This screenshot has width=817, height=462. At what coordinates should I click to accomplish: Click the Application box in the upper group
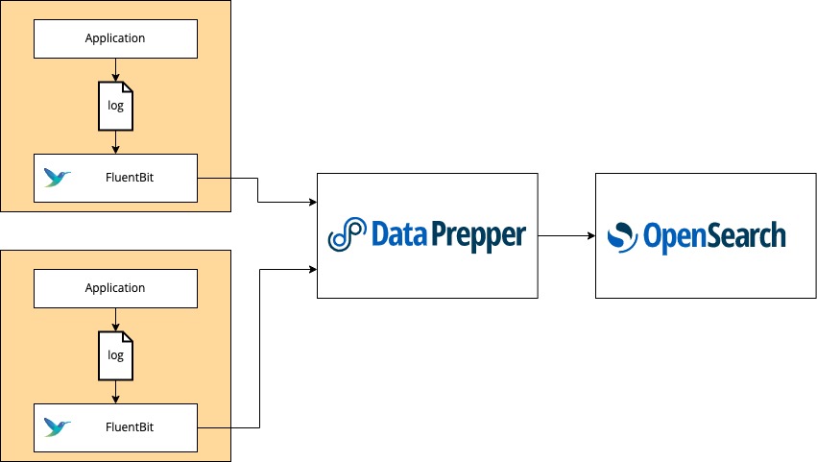point(115,38)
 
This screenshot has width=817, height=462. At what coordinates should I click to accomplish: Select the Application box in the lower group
point(115,288)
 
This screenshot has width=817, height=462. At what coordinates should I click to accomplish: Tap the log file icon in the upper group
point(115,106)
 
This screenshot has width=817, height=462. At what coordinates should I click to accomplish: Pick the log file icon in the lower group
point(115,355)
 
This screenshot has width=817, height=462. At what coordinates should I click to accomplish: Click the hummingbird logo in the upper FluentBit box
point(58,178)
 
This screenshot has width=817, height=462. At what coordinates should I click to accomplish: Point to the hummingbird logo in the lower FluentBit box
point(58,427)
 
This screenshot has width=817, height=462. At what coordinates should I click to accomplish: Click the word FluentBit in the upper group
point(130,178)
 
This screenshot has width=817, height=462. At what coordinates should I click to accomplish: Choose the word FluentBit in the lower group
point(130,427)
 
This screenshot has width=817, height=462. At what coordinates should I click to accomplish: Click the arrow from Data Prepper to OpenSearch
point(565,235)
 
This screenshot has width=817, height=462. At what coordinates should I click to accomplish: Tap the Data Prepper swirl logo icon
point(347,235)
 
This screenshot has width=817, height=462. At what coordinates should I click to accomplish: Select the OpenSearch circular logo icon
point(622,235)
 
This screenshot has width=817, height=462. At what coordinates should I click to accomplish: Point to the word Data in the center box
point(398,234)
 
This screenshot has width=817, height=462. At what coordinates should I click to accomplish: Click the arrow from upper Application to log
point(115,70)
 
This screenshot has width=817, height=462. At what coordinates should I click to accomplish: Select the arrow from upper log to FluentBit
point(115,142)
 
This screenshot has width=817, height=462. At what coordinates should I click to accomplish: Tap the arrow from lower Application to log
point(115,320)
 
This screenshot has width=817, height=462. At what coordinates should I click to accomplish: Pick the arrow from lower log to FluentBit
point(115,392)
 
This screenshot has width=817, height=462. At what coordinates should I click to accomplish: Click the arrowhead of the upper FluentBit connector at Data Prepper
point(312,202)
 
